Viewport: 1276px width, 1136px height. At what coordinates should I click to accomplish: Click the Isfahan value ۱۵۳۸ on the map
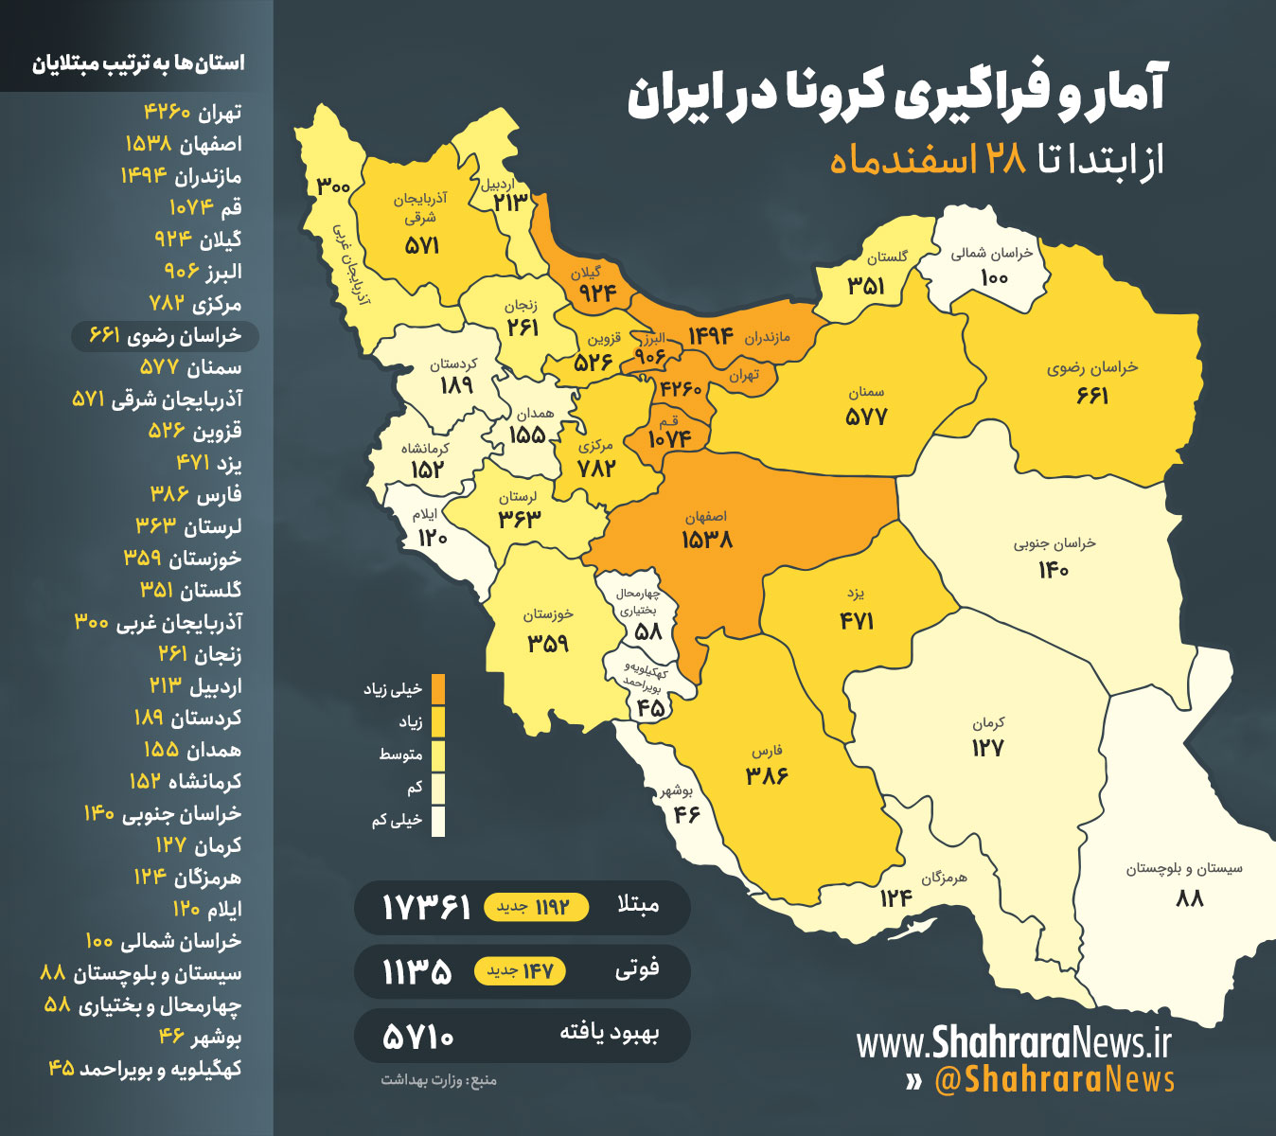(x=707, y=541)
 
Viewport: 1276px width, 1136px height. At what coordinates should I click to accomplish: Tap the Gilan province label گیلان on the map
(x=585, y=273)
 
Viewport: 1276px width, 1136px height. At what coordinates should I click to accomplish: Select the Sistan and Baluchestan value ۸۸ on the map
(x=1190, y=897)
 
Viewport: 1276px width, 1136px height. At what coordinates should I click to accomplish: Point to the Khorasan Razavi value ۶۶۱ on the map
(x=1091, y=396)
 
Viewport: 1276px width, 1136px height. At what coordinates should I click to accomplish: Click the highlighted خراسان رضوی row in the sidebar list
(x=165, y=336)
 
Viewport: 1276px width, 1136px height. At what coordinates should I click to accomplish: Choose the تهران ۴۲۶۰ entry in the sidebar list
(x=192, y=113)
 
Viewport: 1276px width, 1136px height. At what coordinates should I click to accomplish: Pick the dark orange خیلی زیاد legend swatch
(x=437, y=689)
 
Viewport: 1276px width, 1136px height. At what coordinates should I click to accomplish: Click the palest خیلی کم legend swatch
(x=437, y=820)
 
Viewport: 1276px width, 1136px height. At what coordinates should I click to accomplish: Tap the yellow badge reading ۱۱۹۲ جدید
(x=536, y=908)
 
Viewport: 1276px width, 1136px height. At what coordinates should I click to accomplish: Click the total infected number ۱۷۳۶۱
(x=426, y=908)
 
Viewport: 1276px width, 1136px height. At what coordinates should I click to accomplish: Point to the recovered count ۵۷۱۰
(x=418, y=1037)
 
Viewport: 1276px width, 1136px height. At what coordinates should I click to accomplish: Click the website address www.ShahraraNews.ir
(x=1014, y=1043)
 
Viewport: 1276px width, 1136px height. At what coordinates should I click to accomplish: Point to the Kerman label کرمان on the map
(x=988, y=723)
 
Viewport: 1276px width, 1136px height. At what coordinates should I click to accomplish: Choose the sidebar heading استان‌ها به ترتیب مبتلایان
(x=138, y=63)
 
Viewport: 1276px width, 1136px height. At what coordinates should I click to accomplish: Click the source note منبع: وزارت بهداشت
(x=438, y=1080)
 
